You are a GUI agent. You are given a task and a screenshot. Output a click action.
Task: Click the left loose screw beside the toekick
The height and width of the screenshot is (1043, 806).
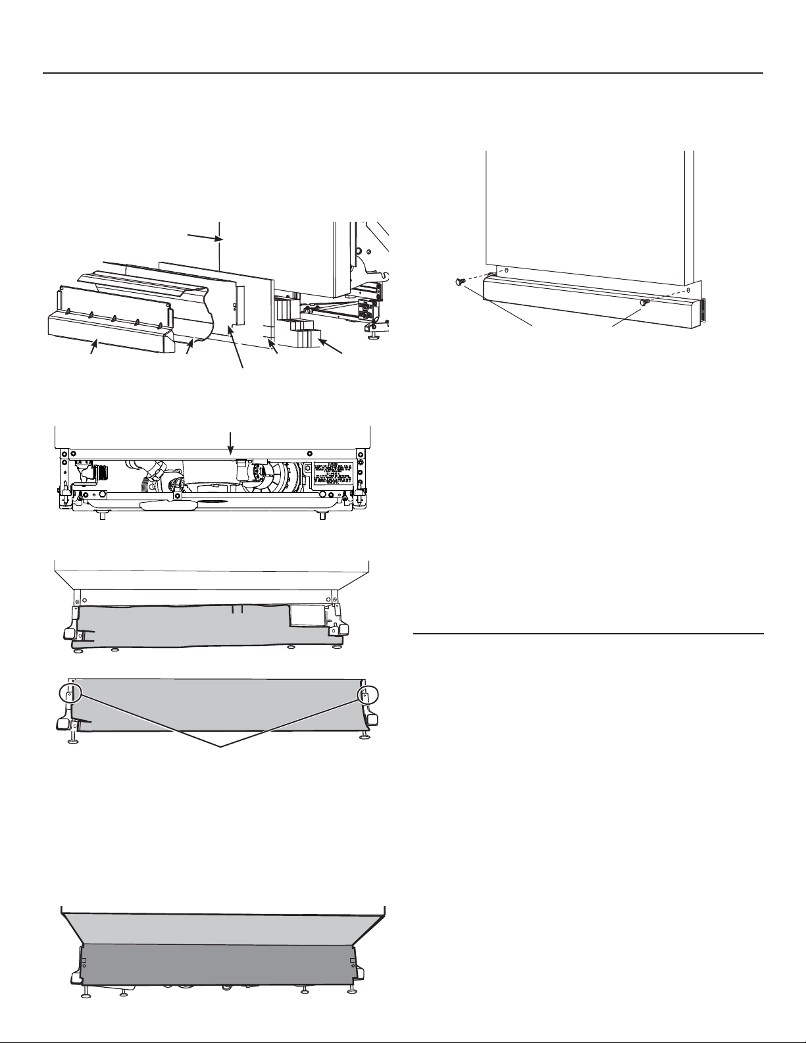(x=459, y=282)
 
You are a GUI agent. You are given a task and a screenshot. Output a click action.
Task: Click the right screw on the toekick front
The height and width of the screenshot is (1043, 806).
(x=645, y=301)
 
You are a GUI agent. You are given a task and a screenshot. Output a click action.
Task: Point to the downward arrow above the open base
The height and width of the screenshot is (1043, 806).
(x=230, y=443)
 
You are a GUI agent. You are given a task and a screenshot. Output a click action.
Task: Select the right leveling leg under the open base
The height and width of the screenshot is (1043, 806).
(x=321, y=515)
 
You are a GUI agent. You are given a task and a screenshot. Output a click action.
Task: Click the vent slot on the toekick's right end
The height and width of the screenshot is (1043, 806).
(x=701, y=311)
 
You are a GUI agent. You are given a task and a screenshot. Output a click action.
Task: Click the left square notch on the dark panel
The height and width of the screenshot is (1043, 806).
(x=83, y=961)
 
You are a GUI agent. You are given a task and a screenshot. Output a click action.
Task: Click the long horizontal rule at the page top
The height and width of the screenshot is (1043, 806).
(x=403, y=73)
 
